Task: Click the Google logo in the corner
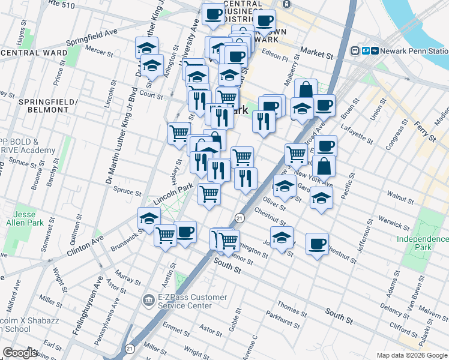click(20, 353)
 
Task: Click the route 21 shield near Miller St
click(130, 347)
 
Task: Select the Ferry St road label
click(424, 131)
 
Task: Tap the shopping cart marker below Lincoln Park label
click(209, 194)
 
